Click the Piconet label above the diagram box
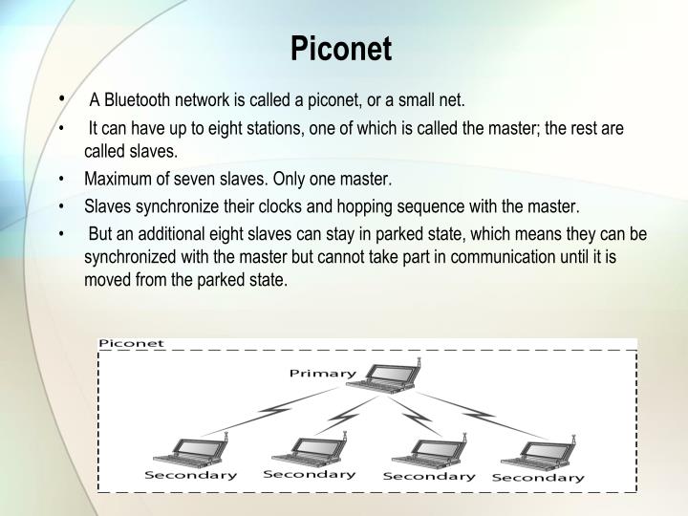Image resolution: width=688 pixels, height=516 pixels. click(x=132, y=342)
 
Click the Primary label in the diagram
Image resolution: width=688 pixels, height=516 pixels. click(x=323, y=372)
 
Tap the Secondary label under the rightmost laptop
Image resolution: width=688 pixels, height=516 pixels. click(x=538, y=477)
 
